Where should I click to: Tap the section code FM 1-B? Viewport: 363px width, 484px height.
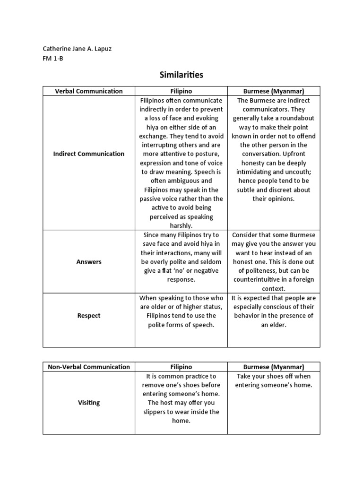[53, 58]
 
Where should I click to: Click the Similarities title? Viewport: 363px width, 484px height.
[181, 75]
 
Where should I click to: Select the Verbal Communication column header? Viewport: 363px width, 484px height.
[89, 91]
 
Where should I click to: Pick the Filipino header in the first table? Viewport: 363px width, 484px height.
[181, 91]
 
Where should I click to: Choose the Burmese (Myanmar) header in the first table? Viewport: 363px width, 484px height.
[274, 91]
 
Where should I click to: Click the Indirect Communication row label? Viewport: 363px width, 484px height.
[89, 154]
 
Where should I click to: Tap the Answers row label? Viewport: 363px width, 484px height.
[89, 262]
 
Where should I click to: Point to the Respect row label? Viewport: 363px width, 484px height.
[89, 316]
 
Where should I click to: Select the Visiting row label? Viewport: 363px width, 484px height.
[89, 403]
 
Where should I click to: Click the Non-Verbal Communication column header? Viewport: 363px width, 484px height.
[89, 367]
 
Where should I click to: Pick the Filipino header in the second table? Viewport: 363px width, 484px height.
[181, 367]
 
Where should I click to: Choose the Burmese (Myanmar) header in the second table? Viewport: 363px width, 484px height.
[274, 367]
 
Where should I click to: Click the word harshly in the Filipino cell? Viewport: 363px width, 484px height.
[181, 226]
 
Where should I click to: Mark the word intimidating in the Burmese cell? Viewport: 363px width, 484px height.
[258, 172]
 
